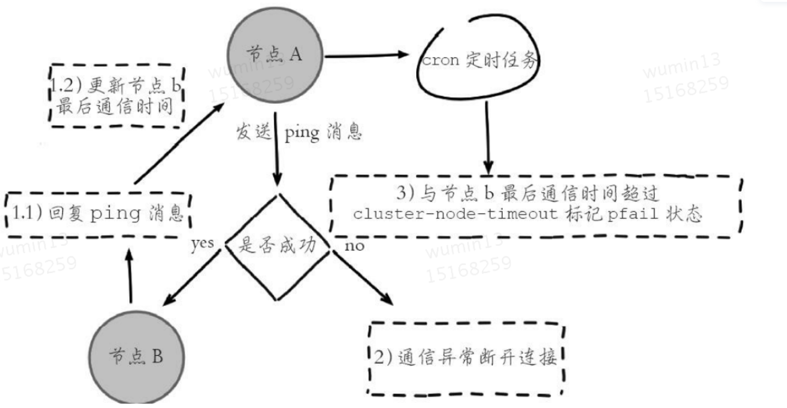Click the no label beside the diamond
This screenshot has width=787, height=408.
354,246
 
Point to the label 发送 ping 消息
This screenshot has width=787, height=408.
299,133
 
